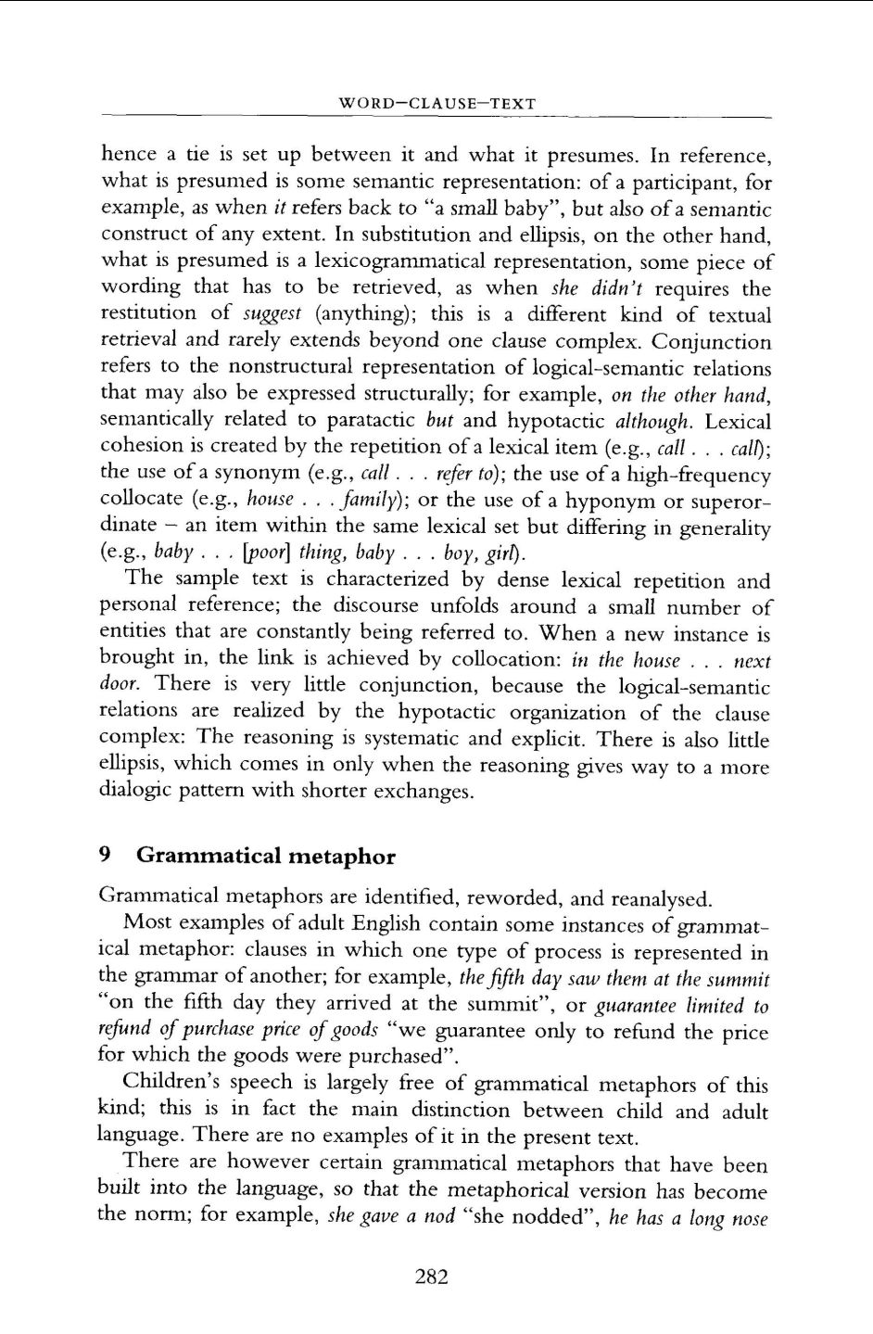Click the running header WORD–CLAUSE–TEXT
(x=437, y=103)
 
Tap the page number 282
(x=432, y=1277)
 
